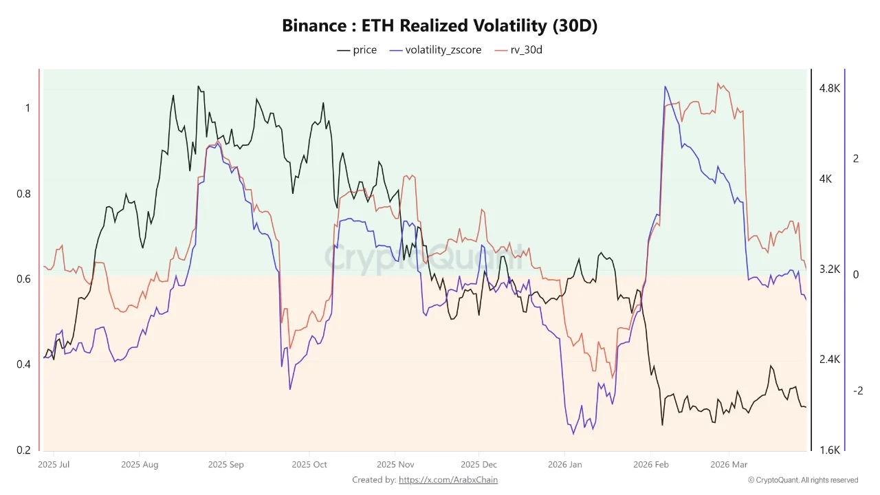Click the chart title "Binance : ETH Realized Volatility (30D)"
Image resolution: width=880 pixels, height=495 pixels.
coord(440,26)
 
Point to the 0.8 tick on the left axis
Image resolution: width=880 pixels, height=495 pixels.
coord(23,194)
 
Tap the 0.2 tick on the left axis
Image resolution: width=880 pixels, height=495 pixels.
coord(23,450)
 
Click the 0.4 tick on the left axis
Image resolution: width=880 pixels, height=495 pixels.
coord(23,364)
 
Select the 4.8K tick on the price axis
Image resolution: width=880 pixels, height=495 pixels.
coord(829,89)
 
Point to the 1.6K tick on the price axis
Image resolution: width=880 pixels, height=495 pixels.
coord(829,450)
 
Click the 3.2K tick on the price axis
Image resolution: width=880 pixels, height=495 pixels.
coord(829,269)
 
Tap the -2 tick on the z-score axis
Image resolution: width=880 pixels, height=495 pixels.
coord(857,390)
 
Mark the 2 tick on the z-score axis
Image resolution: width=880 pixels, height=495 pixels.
coord(856,159)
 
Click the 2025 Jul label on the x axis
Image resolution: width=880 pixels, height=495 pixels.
coord(54,465)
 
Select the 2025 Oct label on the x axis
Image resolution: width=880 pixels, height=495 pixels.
coord(309,465)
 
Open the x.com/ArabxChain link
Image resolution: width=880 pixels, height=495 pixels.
coord(448,480)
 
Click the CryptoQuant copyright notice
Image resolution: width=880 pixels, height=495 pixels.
coord(803,480)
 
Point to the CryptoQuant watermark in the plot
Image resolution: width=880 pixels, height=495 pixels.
coord(424,258)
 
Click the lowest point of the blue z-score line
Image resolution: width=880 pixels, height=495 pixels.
coord(573,433)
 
